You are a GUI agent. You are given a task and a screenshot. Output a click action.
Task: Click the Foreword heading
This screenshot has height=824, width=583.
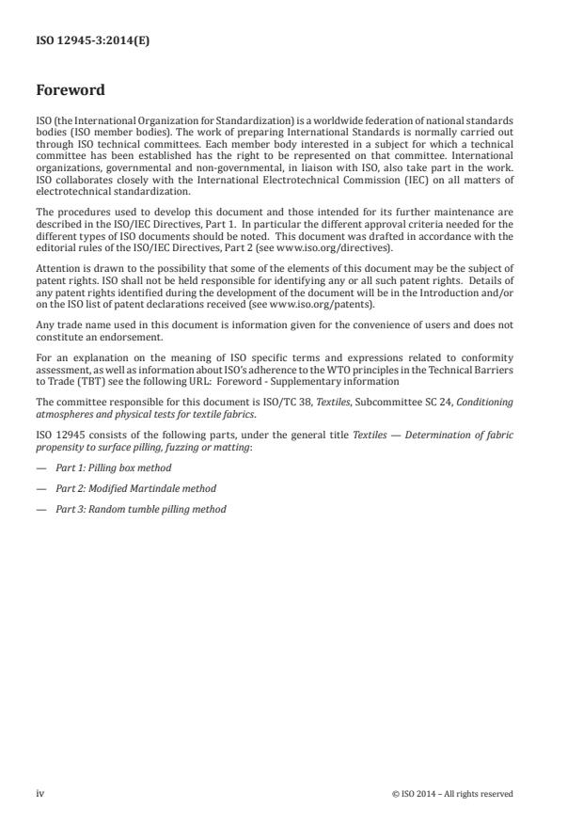pyautogui.click(x=71, y=91)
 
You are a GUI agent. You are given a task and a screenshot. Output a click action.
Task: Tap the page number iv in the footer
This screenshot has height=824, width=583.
pyautogui.click(x=40, y=793)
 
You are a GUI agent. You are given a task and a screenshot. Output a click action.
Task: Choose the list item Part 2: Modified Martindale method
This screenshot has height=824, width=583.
pyautogui.click(x=135, y=488)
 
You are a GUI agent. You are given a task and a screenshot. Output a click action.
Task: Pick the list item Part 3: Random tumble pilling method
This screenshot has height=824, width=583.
pyautogui.click(x=141, y=509)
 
